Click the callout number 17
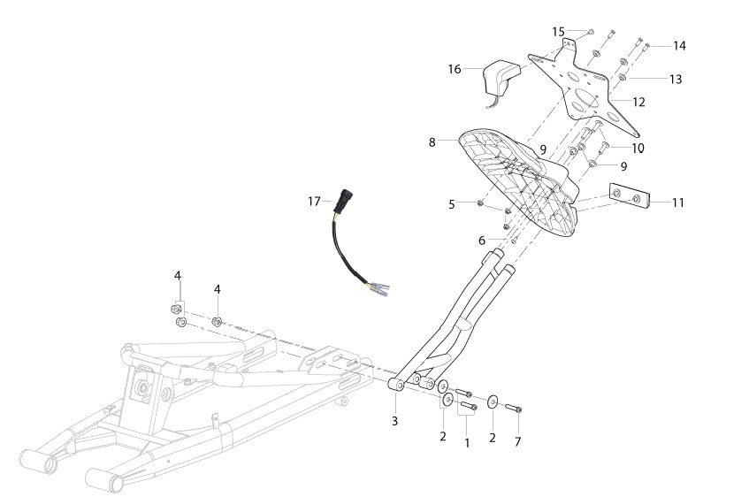tap(314, 202)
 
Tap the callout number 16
tap(455, 69)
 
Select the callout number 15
tap(558, 32)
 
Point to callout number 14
tap(679, 45)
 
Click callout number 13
tap(676, 79)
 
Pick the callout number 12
tap(638, 102)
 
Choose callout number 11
tap(678, 203)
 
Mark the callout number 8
tap(432, 142)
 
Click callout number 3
tap(394, 421)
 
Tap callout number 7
tap(518, 442)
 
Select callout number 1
tap(467, 443)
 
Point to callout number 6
tap(481, 241)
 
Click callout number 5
tap(451, 204)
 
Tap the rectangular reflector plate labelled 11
tap(630, 196)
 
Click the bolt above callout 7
tap(513, 408)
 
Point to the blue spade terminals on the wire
tap(379, 288)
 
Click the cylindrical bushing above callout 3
tap(396, 385)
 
